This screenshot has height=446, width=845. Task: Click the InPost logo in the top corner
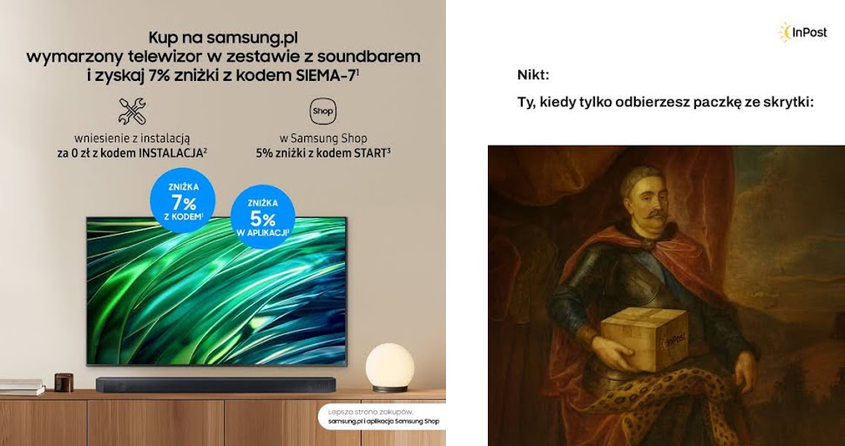(802, 33)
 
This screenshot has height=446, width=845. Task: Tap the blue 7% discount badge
(183, 200)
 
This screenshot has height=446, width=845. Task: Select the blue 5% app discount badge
(263, 217)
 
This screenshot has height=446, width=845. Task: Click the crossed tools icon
(132, 111)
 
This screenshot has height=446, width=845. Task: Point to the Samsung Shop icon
(323, 111)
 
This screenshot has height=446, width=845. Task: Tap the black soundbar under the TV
(215, 385)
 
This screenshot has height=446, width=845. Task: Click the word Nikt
(533, 75)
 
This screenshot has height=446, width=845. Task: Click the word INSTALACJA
(169, 152)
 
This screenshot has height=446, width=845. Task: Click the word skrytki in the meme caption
(785, 103)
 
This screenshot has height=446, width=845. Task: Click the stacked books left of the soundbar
(21, 387)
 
